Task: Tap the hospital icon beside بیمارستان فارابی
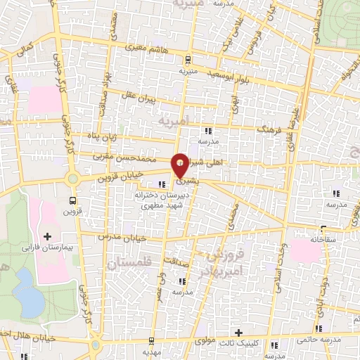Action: point(48,236)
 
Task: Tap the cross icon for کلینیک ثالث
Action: point(239,333)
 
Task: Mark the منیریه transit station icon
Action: point(186,61)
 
